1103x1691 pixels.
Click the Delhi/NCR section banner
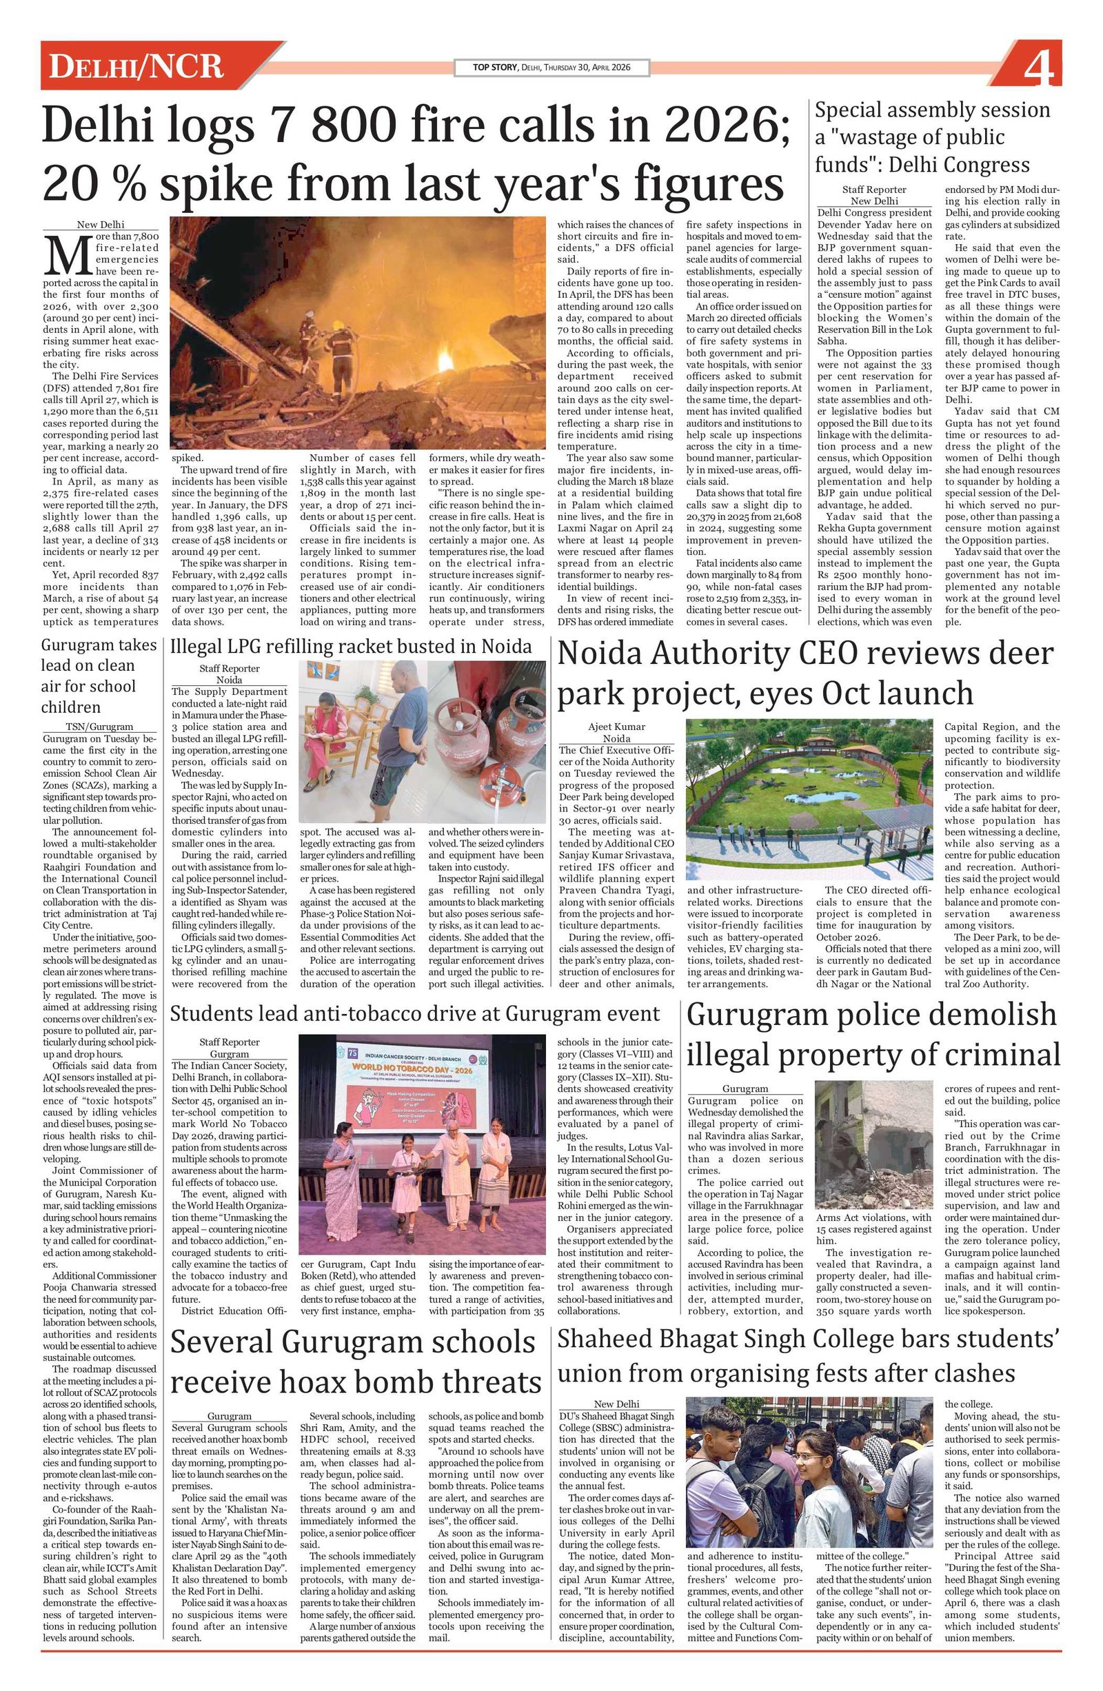click(135, 67)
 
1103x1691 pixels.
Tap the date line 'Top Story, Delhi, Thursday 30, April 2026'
click(551, 68)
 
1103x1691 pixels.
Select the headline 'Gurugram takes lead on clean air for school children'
click(97, 675)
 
